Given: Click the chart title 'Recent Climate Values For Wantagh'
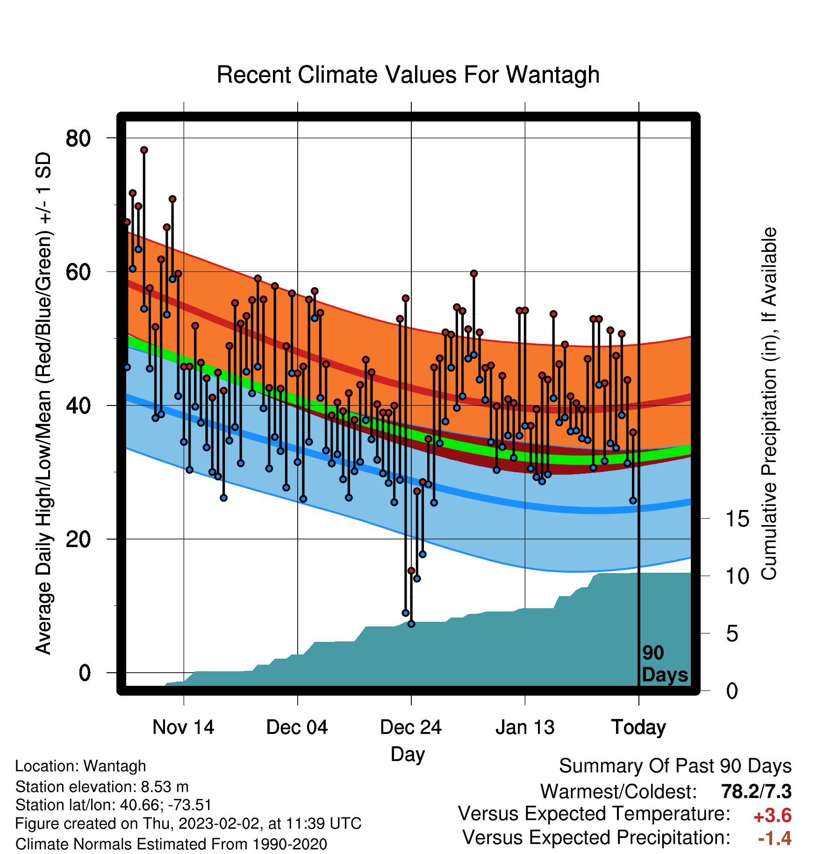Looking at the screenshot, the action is click(x=408, y=75).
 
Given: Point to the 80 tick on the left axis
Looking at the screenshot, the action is click(x=78, y=138).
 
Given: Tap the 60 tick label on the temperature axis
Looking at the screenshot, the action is click(x=78, y=272).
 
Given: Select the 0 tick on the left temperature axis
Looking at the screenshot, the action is click(x=85, y=673).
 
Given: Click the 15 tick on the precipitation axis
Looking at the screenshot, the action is click(x=737, y=519).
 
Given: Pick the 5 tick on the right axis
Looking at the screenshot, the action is click(x=732, y=634).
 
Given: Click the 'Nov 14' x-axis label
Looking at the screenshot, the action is click(x=183, y=727).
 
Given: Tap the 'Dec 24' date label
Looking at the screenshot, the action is click(x=411, y=727).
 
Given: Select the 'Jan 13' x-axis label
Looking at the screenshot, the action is click(x=525, y=727).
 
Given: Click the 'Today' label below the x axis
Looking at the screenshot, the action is click(x=638, y=727).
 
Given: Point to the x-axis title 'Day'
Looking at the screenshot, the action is click(x=408, y=754).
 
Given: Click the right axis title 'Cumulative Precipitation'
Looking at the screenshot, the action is click(x=769, y=404).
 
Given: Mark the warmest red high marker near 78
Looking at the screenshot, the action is click(x=144, y=150).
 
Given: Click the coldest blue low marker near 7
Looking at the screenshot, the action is click(x=411, y=624).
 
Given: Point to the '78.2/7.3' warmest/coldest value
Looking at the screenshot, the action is click(x=756, y=791).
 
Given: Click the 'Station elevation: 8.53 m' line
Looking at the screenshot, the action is click(x=102, y=787).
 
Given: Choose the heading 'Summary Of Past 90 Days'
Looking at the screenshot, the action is click(x=675, y=766).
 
